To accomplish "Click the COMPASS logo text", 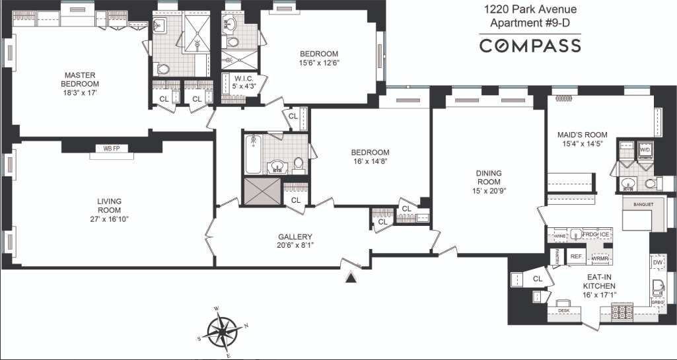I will tap(530, 46).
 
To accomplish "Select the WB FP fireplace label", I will tap(111, 149).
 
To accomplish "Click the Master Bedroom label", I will tap(80, 79).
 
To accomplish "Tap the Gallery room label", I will tap(295, 236).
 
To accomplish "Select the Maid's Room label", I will tap(583, 135).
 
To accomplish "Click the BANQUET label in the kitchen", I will tap(643, 204).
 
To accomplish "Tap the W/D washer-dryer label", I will tap(645, 150).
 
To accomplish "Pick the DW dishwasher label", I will tap(657, 262).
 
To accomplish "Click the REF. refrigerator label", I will tap(575, 256).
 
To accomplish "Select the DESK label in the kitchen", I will tap(563, 310).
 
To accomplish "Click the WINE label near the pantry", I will tap(559, 235).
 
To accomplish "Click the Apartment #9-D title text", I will tap(530, 24).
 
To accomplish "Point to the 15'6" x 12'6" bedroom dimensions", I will tap(319, 63).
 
